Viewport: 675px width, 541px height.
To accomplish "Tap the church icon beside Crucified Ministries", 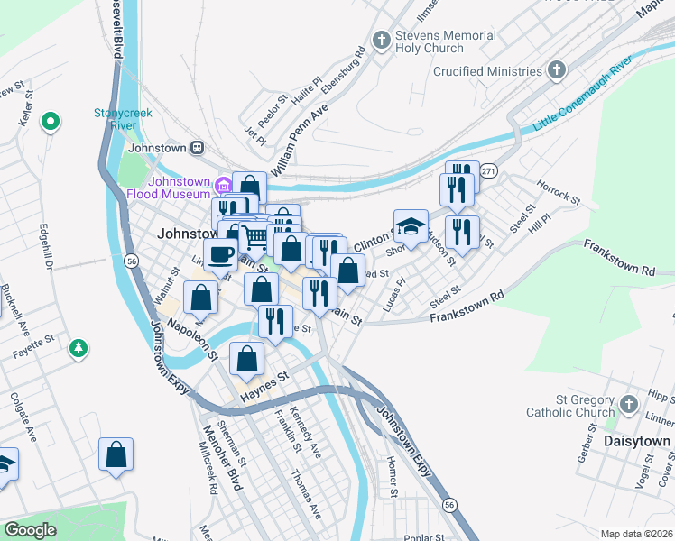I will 557,70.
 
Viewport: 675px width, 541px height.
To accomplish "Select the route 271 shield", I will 488,170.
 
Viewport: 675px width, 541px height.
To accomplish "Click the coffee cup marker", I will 219,254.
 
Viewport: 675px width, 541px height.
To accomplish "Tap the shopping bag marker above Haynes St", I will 246,359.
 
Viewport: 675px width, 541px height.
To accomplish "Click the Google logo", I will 30,530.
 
